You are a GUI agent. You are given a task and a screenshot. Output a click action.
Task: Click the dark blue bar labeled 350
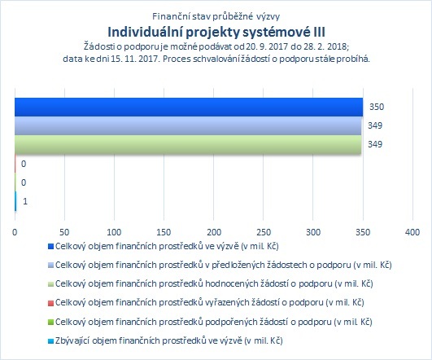pyautogui.click(x=189, y=107)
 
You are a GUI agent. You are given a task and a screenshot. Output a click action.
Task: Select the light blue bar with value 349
pyautogui.click(x=188, y=125)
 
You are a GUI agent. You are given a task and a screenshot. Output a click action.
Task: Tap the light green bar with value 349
pyautogui.click(x=188, y=144)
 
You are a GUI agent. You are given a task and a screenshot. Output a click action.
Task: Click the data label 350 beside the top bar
pyautogui.click(x=377, y=107)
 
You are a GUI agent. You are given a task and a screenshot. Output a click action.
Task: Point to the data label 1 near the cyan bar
pyautogui.click(x=25, y=201)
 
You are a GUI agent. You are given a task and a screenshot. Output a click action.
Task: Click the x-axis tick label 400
pyautogui.click(x=412, y=232)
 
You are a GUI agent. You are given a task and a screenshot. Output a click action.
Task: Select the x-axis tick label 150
pyautogui.click(x=164, y=232)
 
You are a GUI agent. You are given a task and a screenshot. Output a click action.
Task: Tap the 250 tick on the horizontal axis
pyautogui.click(x=264, y=232)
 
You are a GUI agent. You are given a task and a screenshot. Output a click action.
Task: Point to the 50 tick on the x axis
pyautogui.click(x=64, y=232)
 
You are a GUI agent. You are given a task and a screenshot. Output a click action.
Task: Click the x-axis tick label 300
pyautogui.click(x=313, y=232)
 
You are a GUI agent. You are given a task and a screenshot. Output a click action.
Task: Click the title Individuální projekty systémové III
pyautogui.click(x=216, y=32)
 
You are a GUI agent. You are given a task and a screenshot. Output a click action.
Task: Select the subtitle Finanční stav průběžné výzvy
pyautogui.click(x=216, y=16)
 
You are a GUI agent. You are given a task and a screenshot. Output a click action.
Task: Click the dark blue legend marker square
pyautogui.click(x=50, y=246)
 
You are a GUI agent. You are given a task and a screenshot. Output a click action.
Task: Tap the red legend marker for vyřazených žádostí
pyautogui.click(x=50, y=303)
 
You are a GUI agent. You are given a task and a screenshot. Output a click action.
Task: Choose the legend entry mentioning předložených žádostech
pyautogui.click(x=224, y=265)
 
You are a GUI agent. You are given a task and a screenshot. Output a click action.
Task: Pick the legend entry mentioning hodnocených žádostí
pyautogui.click(x=214, y=284)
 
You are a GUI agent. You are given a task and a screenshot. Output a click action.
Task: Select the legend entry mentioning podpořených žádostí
pyautogui.click(x=214, y=322)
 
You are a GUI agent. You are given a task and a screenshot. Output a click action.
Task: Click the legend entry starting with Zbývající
pyautogui.click(x=169, y=340)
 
